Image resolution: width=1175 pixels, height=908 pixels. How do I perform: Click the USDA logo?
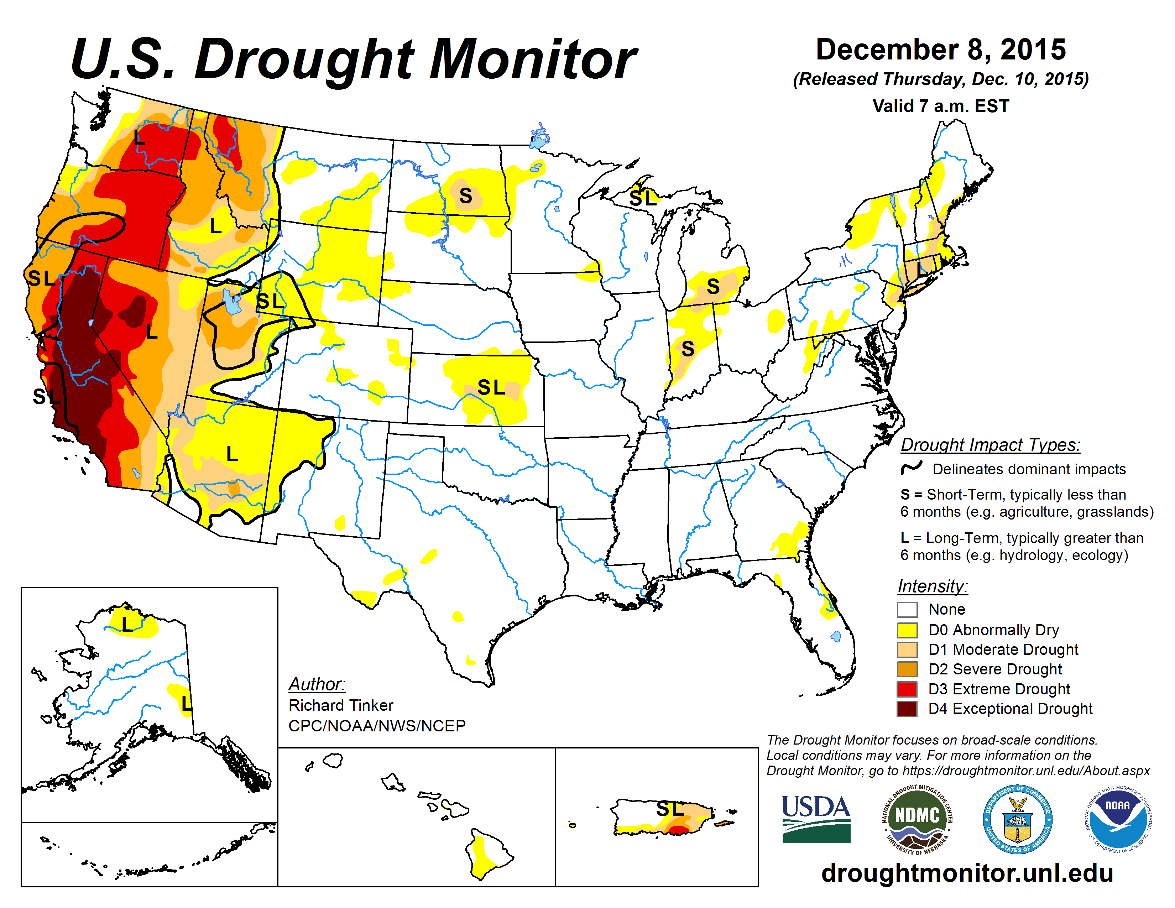coord(816,818)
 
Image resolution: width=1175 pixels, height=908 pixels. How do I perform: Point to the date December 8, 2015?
coord(940,49)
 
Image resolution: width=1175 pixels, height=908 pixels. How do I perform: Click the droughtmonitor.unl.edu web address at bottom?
coord(967,872)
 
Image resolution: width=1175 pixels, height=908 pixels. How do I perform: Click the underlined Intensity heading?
coord(933,586)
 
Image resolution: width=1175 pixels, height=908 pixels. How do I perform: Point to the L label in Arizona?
coord(232,454)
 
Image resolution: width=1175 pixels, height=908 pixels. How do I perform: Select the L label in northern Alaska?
coord(127,625)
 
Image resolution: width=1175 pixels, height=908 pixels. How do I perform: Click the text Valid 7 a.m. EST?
coord(940,106)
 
